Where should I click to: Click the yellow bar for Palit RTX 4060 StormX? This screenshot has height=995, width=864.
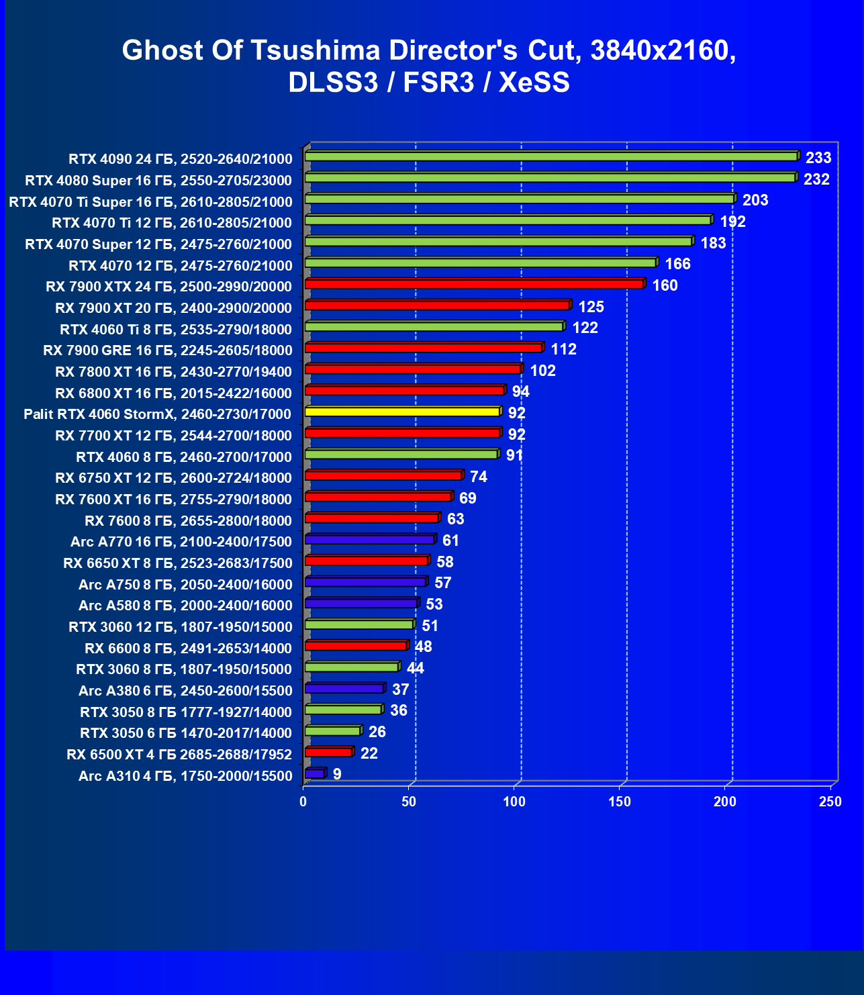point(403,412)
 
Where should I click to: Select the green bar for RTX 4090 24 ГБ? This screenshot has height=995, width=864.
point(550,156)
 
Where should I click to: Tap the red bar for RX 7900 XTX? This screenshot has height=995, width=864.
point(474,284)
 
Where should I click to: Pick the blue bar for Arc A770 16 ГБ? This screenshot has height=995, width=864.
point(370,539)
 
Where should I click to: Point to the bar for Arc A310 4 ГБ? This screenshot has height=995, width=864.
point(315,773)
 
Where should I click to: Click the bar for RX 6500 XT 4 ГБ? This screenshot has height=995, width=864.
point(329,752)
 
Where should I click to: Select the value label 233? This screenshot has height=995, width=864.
point(818,158)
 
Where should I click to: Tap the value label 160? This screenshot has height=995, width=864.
point(665,285)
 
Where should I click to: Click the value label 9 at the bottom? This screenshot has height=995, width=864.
point(337,774)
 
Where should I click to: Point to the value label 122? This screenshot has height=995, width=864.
point(585,328)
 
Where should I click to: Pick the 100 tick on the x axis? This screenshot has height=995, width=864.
point(514,802)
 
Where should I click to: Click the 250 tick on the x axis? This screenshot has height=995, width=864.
point(830,802)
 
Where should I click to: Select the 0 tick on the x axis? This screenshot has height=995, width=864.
point(303,802)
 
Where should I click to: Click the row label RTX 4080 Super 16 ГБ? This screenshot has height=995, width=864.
point(158,181)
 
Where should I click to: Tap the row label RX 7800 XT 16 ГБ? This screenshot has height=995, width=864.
point(173,372)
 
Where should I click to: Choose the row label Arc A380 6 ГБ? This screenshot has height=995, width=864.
point(185,691)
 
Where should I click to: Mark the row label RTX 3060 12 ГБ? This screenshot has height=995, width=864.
point(181,627)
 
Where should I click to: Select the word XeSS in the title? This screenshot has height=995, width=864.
point(534,83)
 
